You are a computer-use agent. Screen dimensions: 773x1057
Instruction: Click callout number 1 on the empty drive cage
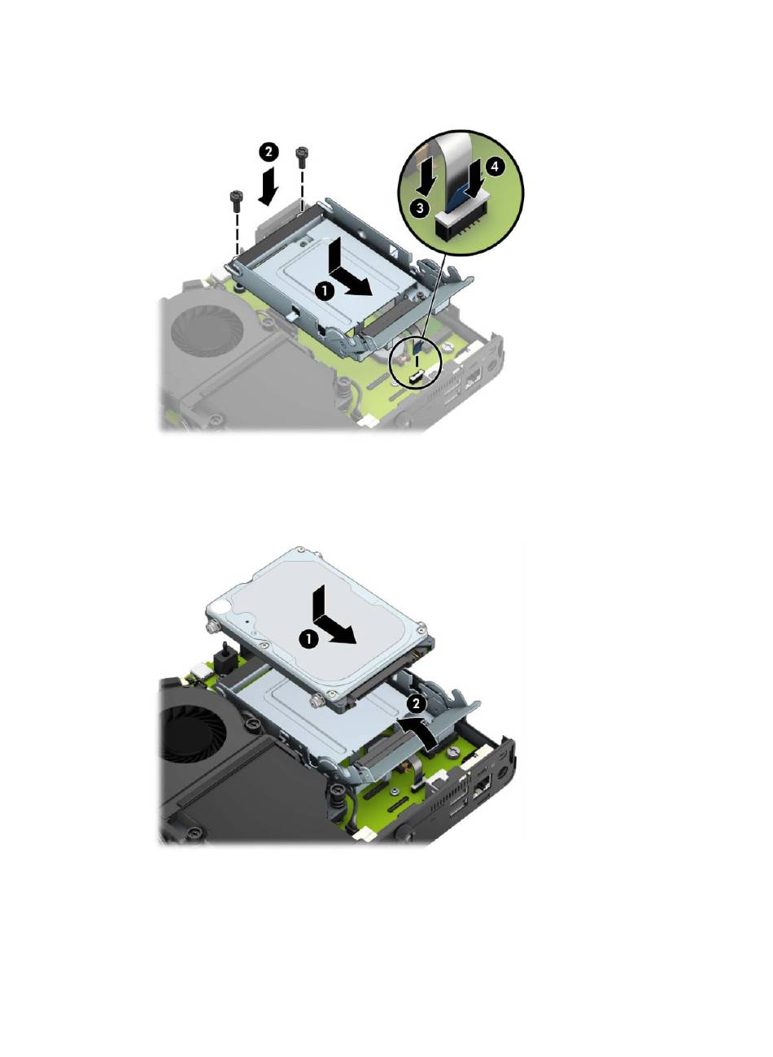coord(325,291)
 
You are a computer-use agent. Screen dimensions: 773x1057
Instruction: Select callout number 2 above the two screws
coord(269,152)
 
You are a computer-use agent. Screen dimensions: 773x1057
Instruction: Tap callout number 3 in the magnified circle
coord(420,207)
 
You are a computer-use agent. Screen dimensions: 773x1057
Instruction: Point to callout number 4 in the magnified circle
coord(495,167)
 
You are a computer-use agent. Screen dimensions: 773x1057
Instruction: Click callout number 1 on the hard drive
coord(309,639)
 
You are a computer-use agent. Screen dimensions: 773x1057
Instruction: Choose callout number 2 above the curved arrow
coord(416,704)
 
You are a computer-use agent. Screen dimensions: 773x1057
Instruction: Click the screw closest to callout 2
coord(300,158)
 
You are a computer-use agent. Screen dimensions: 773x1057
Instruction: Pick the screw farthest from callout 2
coord(235,202)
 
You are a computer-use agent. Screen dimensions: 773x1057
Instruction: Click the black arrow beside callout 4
coord(473,179)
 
